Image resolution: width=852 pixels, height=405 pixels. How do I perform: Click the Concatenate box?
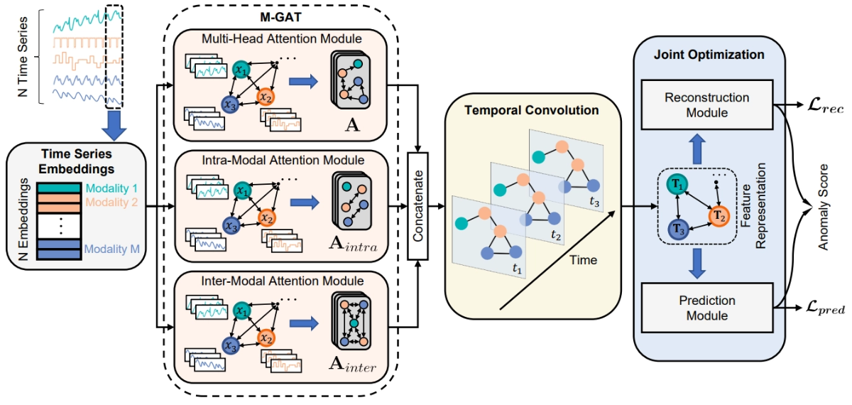pyautogui.click(x=417, y=206)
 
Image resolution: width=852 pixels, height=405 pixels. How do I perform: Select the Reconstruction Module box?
pyautogui.click(x=707, y=104)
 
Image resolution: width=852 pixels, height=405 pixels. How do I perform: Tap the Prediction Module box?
pyautogui.click(x=707, y=308)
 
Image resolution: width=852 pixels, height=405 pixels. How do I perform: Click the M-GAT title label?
pyautogui.click(x=280, y=17)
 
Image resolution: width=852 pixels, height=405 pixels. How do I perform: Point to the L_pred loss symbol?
pyautogui.click(x=825, y=308)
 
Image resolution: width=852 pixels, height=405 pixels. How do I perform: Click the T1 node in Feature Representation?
pyautogui.click(x=677, y=184)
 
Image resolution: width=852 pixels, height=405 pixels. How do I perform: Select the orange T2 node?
pyautogui.click(x=719, y=216)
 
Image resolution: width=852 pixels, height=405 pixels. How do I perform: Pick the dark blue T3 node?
pyautogui.click(x=679, y=229)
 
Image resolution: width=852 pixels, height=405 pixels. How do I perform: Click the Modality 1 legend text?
pyautogui.click(x=111, y=188)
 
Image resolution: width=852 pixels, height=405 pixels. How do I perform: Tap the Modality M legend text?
pyautogui.click(x=112, y=249)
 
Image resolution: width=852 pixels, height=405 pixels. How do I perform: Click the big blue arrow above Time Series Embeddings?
pyautogui.click(x=114, y=125)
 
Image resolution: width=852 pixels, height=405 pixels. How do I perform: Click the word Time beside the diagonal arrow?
pyautogui.click(x=583, y=260)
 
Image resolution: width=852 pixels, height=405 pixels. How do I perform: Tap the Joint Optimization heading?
pyautogui.click(x=709, y=55)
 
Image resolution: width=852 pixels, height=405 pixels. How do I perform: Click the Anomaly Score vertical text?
pyautogui.click(x=824, y=207)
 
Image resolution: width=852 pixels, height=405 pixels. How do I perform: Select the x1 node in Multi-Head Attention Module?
pyautogui.click(x=241, y=70)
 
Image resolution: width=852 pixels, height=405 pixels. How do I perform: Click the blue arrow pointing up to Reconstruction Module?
pyautogui.click(x=697, y=148)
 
